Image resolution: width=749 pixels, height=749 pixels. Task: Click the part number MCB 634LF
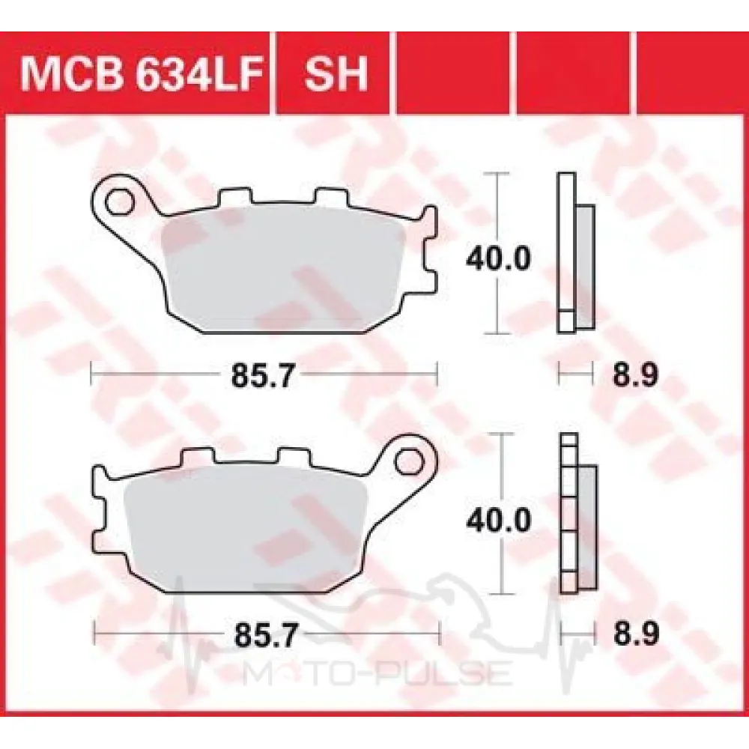[142, 74]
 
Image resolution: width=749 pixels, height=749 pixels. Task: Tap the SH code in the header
[336, 74]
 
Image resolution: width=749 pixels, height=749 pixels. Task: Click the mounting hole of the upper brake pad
[119, 202]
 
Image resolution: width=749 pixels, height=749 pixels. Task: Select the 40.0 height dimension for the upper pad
[498, 258]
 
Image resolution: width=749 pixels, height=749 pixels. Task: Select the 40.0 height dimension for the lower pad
[498, 520]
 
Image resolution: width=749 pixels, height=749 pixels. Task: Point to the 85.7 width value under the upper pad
[261, 376]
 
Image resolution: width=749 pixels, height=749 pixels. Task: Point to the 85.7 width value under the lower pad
[265, 635]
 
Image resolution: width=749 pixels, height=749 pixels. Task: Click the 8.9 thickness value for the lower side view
[636, 634]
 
